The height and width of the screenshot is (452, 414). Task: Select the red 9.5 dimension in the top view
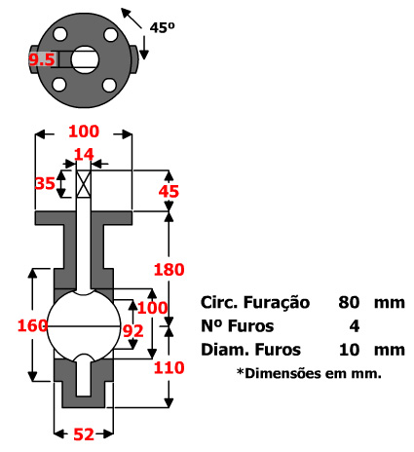click(41, 59)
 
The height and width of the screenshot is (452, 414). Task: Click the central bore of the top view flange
click(85, 58)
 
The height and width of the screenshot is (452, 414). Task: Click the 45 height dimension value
click(169, 192)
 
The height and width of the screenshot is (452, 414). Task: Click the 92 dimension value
click(133, 331)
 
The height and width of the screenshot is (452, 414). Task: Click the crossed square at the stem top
click(83, 182)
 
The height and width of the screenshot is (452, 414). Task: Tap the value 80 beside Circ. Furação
click(351, 302)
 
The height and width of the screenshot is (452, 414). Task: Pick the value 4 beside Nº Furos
click(354, 325)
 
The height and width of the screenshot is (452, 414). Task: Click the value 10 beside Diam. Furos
click(351, 349)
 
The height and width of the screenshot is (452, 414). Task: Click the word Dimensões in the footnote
click(284, 372)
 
